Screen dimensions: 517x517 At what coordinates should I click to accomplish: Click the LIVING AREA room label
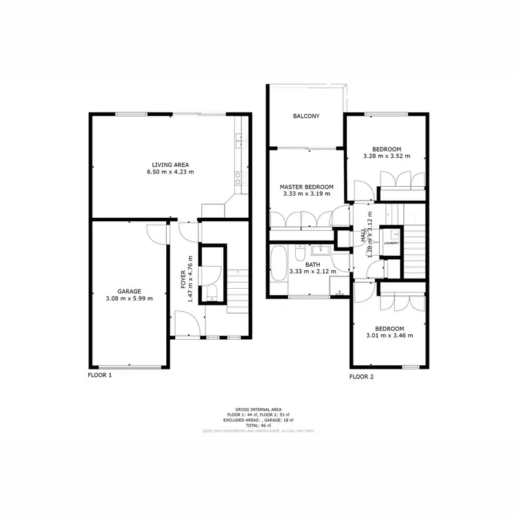170,164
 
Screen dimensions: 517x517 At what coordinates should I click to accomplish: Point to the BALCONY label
306,116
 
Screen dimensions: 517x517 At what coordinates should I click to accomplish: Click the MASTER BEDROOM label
307,187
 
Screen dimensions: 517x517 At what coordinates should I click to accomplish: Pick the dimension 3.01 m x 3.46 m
391,336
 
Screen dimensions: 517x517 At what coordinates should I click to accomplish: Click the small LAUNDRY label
392,243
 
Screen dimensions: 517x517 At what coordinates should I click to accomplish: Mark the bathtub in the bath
278,264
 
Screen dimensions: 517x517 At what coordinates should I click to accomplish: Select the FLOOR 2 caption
361,376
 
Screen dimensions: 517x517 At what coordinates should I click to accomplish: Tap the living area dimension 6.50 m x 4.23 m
170,172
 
